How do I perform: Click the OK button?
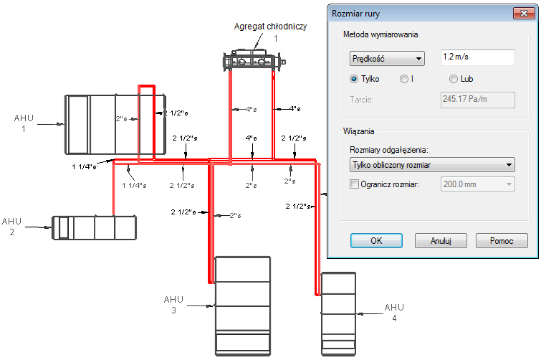tap(376, 240)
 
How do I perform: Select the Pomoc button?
tap(502, 240)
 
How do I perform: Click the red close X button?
tap(524, 14)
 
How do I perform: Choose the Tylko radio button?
tap(354, 79)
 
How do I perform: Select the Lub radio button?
tap(454, 79)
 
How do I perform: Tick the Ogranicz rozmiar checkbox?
tap(355, 184)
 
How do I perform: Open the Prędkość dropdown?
tap(387, 59)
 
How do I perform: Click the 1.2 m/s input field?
tap(478, 57)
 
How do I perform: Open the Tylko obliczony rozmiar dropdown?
tap(432, 165)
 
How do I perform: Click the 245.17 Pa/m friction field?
tap(478, 100)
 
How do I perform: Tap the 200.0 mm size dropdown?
tap(478, 184)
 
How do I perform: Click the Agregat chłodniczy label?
tap(270, 27)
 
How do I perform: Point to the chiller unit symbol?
tap(254, 61)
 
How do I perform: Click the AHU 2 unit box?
tap(94, 227)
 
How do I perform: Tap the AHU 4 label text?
tap(394, 313)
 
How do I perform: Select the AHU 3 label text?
tap(173, 305)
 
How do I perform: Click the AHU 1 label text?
tap(24, 123)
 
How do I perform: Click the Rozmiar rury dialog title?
tap(355, 14)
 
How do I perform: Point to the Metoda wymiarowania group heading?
tap(380, 34)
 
